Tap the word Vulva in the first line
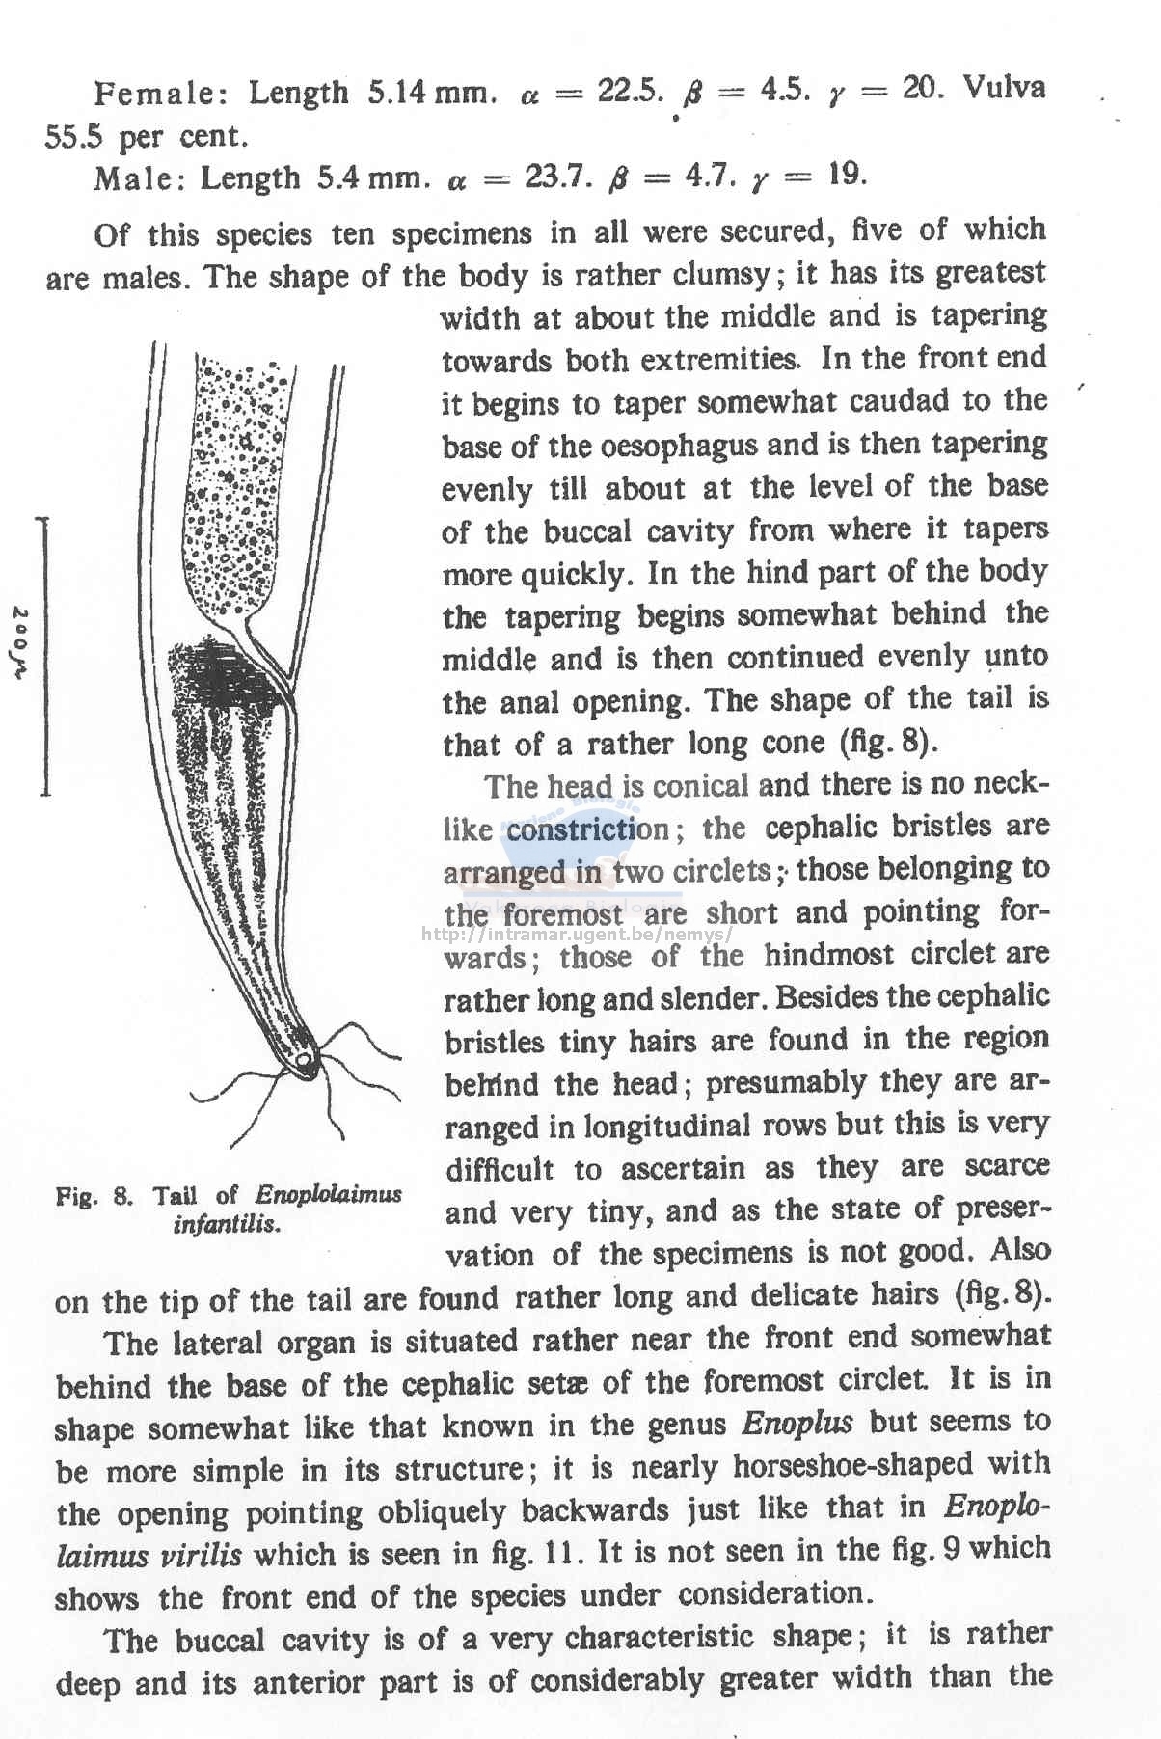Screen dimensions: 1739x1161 [x=1004, y=88]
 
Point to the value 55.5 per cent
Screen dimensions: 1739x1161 [x=145, y=137]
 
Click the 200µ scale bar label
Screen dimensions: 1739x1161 [x=21, y=644]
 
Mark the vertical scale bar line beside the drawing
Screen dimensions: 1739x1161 [x=44, y=656]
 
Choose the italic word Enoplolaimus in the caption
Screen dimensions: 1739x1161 [x=328, y=1195]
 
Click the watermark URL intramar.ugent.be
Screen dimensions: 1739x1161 [x=579, y=934]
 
